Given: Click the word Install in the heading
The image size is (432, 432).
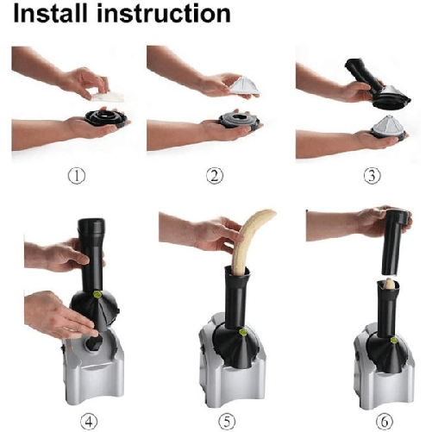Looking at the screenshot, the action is coord(50,13).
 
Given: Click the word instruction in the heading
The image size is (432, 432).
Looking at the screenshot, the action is coord(164,14).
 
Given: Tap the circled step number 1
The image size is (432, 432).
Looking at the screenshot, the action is coord(77,176).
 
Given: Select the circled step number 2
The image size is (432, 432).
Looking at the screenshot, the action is coord(215,176).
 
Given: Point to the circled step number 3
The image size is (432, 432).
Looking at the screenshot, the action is coord(373,176).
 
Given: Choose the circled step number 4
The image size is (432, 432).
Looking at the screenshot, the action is coord(89,422).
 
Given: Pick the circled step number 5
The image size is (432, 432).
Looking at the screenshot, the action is coord(227,422).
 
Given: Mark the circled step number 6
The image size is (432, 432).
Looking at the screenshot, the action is coord(385,422).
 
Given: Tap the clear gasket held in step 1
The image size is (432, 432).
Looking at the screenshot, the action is coord(108,97).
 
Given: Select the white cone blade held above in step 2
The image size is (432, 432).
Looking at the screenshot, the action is coord(244,85).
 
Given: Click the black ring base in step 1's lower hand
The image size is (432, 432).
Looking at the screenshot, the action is coord(106,118).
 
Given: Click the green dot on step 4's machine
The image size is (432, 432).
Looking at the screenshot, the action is coord(97,294).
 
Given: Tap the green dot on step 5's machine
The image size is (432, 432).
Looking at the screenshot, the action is coord(243,333).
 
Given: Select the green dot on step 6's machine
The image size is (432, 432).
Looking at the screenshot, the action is coord(394,341).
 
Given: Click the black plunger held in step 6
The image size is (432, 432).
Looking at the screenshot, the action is coord(393,242).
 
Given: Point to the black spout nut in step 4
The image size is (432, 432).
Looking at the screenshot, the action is coord(94,342).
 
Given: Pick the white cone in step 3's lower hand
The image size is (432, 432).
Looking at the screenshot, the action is coord(387,126).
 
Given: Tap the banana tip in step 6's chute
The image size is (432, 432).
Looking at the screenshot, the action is coord(390,284).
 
